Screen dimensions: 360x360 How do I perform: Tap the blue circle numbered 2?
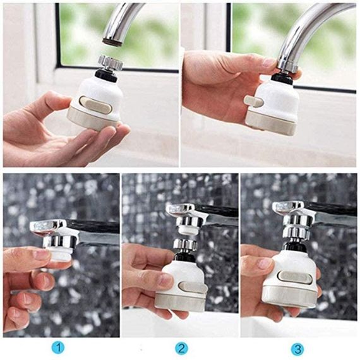[181, 349]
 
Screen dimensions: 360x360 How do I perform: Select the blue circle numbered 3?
[297, 349]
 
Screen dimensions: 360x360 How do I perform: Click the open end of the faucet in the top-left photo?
[112, 42]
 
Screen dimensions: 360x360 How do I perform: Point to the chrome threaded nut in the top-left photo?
[110, 63]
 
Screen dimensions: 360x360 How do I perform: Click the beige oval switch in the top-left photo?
[96, 105]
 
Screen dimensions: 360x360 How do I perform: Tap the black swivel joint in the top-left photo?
[106, 75]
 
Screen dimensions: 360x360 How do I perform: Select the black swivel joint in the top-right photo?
[282, 79]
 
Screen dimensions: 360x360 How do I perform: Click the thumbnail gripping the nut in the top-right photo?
[269, 62]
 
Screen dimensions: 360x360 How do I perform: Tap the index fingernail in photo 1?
[42, 255]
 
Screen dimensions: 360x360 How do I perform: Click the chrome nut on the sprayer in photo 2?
[186, 244]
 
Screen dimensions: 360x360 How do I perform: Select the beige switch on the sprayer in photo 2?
[193, 287]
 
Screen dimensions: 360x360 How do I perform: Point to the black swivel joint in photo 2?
[185, 256]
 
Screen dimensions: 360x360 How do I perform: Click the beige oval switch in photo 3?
[295, 277]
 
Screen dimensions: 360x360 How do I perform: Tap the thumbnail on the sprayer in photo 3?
[265, 263]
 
